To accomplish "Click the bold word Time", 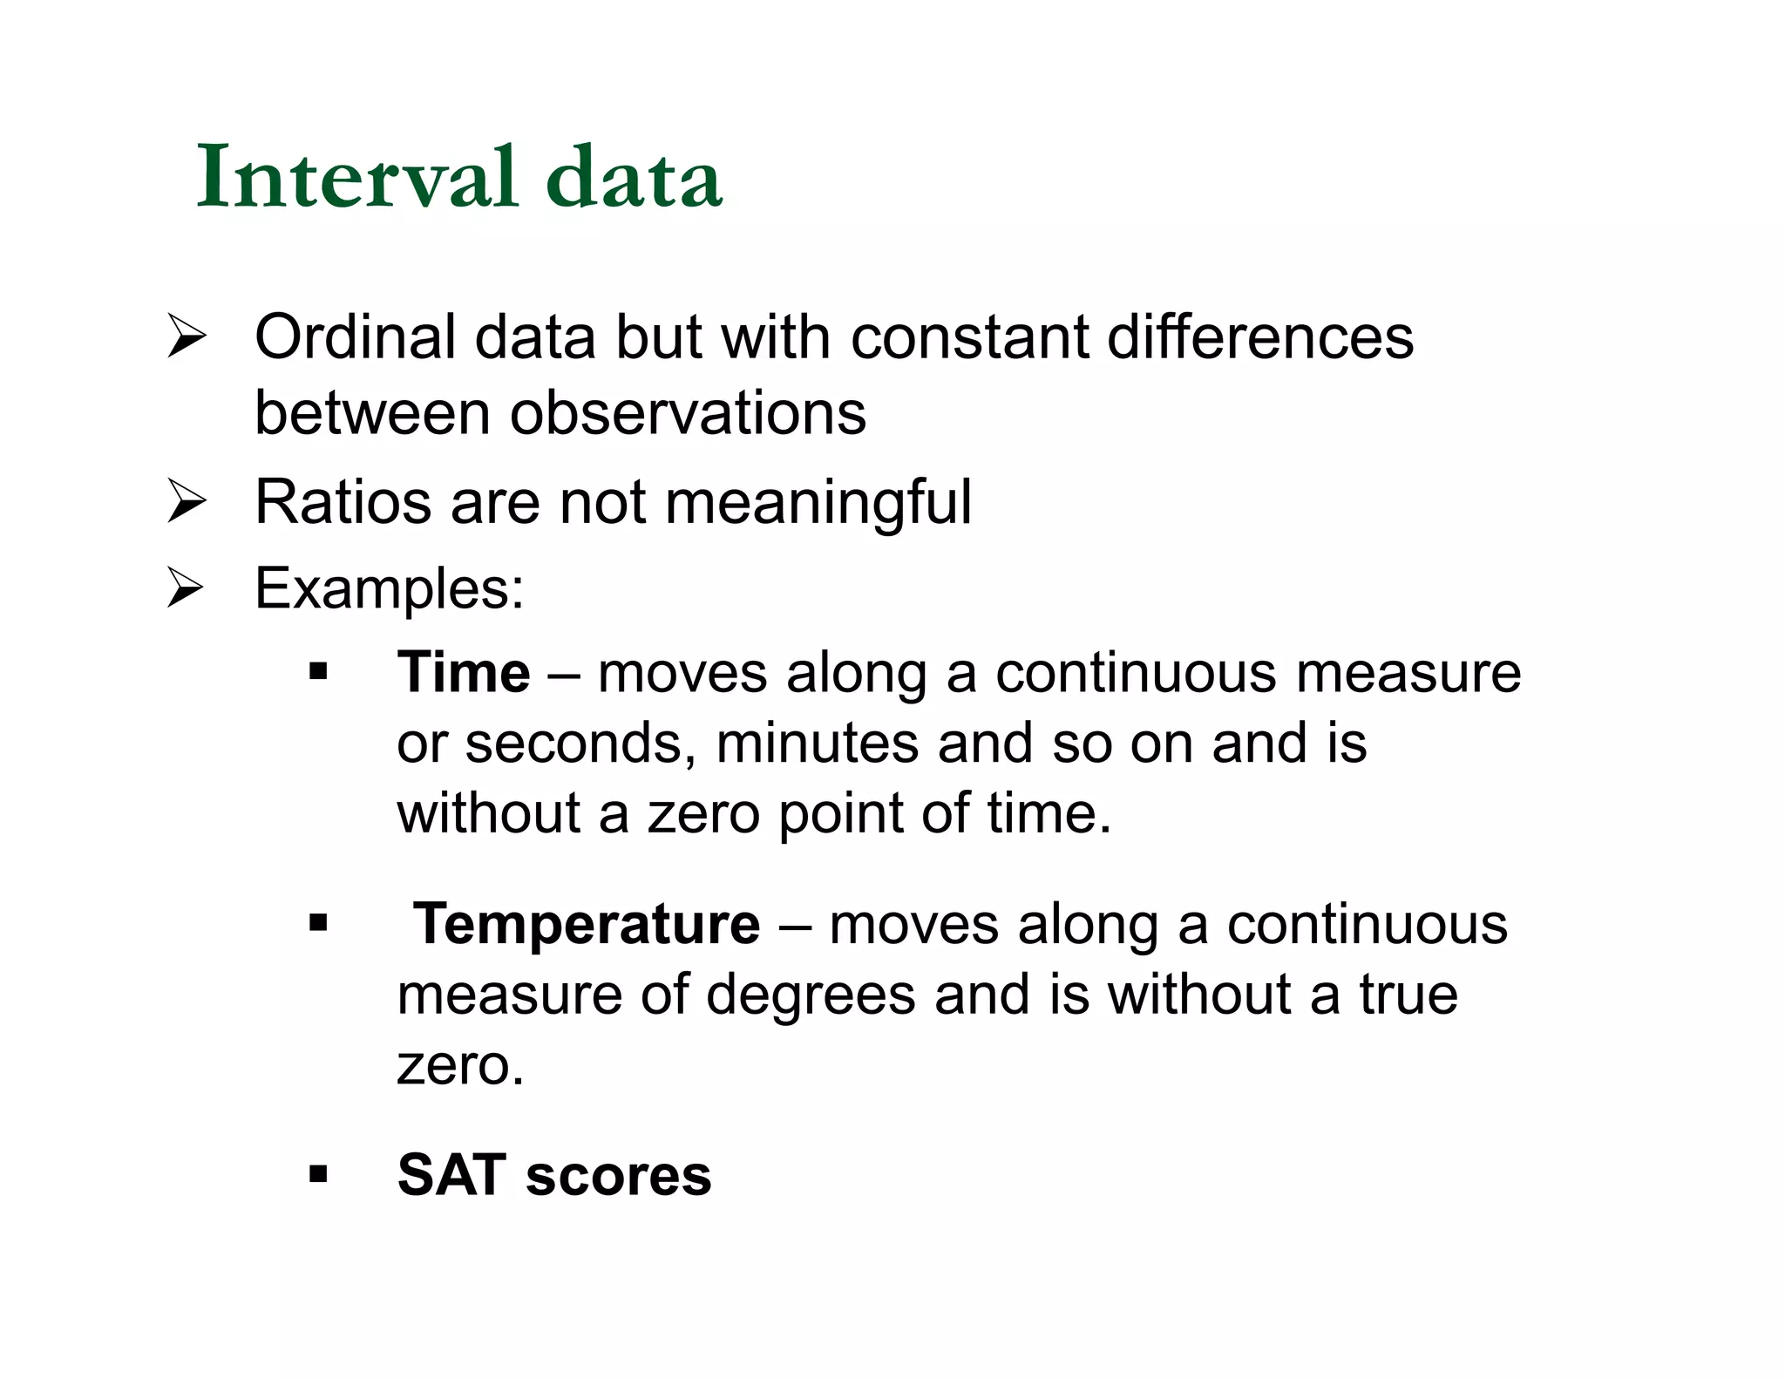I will tap(463, 673).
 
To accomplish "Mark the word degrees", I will tap(811, 995).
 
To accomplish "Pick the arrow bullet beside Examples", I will tap(187, 588).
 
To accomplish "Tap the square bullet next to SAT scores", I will tap(318, 1174).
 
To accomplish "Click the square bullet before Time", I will tap(318, 672).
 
